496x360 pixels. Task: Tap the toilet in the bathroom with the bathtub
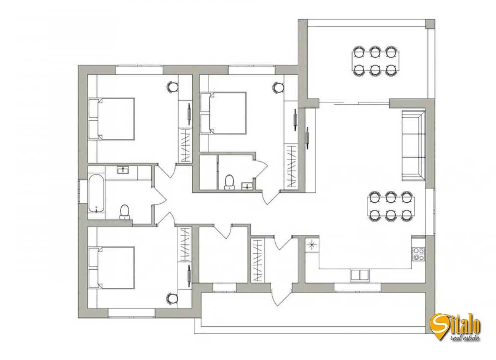pyautogui.click(x=124, y=212)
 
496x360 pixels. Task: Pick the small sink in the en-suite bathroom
pyautogui.click(x=247, y=186)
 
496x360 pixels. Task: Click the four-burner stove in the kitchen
pyautogui.click(x=418, y=254)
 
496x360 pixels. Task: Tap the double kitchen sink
pyautogui.click(x=360, y=275)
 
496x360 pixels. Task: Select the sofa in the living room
pyautogui.click(x=413, y=145)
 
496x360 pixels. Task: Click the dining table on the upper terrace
pyautogui.click(x=374, y=61)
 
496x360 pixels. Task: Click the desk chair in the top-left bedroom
pyautogui.click(x=173, y=87)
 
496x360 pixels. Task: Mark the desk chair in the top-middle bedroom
pyautogui.click(x=278, y=87)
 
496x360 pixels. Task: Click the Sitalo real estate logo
pyautogui.click(x=456, y=326)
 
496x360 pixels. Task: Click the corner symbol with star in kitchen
pyautogui.click(x=312, y=244)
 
